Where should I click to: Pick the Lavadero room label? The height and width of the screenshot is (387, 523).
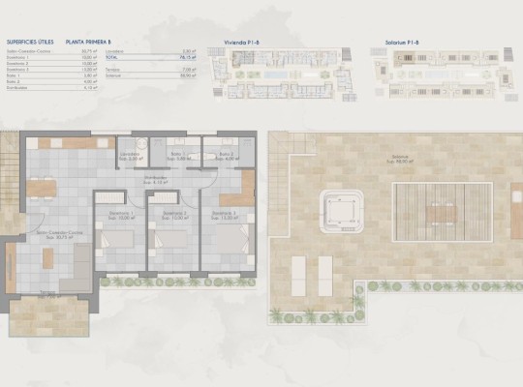click(x=132, y=156)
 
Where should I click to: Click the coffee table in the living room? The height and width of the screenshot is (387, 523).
click(x=49, y=255)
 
